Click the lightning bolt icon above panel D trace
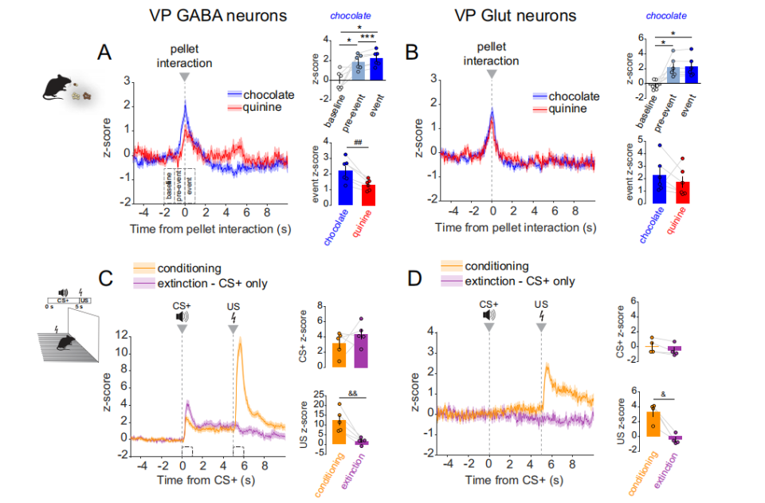[x=542, y=316]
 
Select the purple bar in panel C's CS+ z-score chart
[x=360, y=350]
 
